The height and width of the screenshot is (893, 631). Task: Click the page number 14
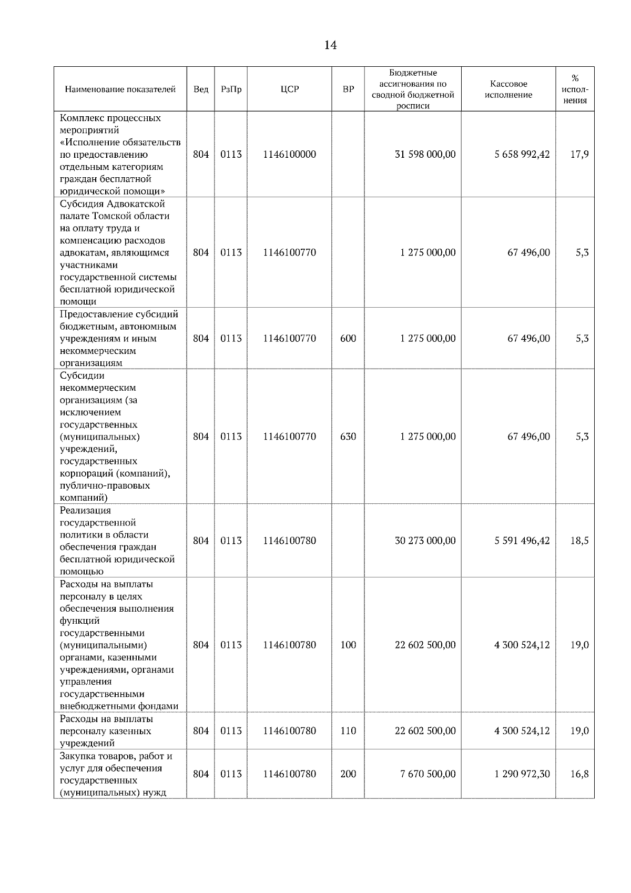coord(330,45)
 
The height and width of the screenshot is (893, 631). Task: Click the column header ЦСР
coord(289,89)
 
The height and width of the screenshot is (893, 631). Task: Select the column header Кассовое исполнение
coord(508,89)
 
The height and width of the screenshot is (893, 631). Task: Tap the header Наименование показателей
coord(120,89)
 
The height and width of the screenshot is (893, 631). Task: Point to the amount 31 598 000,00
coord(425,155)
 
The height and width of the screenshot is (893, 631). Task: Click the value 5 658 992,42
coord(522,155)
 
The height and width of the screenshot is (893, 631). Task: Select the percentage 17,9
coord(579,155)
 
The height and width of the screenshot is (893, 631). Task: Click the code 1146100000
coord(289,155)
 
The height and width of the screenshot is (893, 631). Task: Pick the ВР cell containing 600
coord(348,339)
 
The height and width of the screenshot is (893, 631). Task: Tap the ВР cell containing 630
coord(348,437)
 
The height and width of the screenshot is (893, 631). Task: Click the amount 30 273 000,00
coord(425,541)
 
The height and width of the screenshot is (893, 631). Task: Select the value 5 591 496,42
coord(522,541)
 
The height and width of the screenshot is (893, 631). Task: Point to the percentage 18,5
coord(579,541)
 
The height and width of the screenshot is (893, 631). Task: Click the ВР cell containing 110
coord(348,731)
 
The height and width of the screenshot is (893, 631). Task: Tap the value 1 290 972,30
coord(522,774)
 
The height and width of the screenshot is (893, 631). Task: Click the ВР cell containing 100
coord(348,645)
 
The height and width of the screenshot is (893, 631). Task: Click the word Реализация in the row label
coord(85,511)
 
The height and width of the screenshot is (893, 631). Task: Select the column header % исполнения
coord(575,89)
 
